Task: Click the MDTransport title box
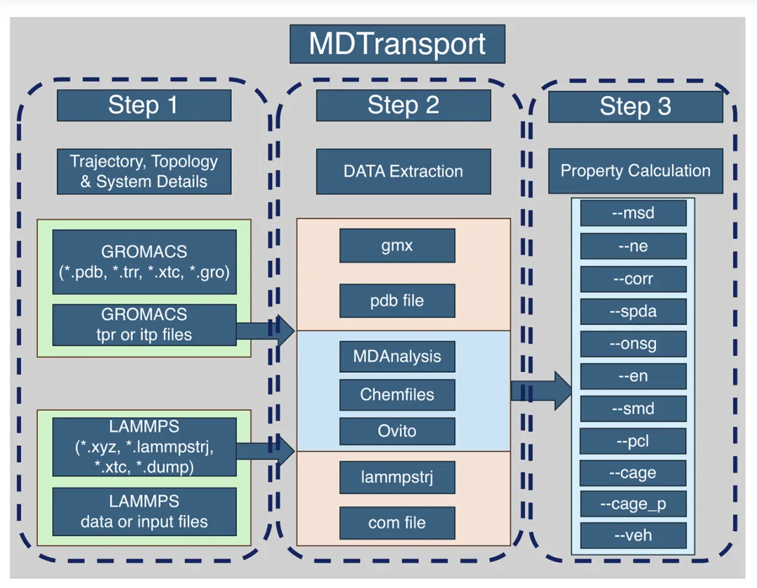coord(397,44)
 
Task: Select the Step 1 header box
coord(144,105)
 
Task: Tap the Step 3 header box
coord(635,107)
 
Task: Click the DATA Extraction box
coord(404,172)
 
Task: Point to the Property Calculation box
coord(635,171)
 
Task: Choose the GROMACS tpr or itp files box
coord(144,324)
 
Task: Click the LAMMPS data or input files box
coord(144,512)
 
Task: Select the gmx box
coord(397,246)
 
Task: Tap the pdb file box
coord(397,301)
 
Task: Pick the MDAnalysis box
coord(397,357)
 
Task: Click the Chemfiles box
coord(397,395)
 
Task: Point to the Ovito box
coord(397,431)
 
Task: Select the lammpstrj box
coord(397,477)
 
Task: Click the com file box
coord(397,523)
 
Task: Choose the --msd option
coord(634,213)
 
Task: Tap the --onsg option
coord(634,343)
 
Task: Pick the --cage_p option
coord(633,504)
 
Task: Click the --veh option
coord(634,535)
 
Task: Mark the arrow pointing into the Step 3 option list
coord(541,391)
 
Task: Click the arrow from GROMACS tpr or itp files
coord(266,331)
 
